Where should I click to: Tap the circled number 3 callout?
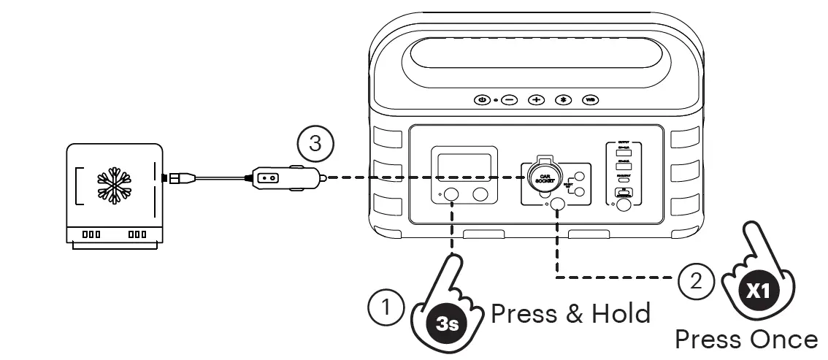coord(315,144)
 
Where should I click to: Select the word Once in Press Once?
coord(783,340)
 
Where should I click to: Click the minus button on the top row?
coord(509,99)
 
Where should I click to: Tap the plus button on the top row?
coord(536,99)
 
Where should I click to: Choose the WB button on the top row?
coord(590,99)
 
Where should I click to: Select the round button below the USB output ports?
coord(623,206)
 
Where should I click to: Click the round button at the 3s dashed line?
coord(452,194)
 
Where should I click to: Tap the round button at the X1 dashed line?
coord(559,205)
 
